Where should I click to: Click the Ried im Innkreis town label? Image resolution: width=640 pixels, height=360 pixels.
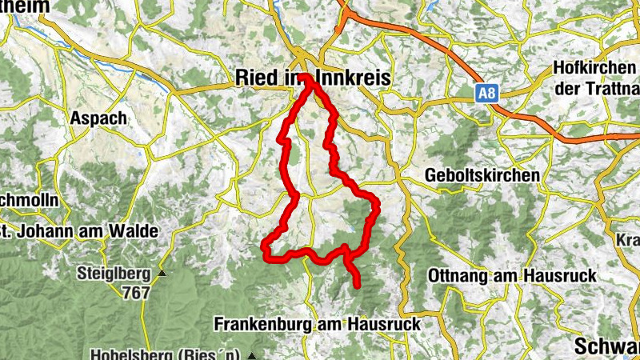tap(313, 78)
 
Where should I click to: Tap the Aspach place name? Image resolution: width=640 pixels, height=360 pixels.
tap(99, 118)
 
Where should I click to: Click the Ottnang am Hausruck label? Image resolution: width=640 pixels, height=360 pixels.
tap(513, 275)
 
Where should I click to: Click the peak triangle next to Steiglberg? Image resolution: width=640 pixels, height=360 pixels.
tap(162, 274)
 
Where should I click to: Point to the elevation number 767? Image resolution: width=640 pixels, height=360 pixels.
tap(137, 292)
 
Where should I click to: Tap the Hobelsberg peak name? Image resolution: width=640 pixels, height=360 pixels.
tap(167, 354)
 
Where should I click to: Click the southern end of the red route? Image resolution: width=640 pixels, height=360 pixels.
tap(356, 284)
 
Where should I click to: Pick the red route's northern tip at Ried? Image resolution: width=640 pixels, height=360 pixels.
tap(307, 77)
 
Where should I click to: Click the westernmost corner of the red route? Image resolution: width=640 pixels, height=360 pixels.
tap(265, 250)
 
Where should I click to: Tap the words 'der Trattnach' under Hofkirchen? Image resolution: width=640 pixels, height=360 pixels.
tap(596, 88)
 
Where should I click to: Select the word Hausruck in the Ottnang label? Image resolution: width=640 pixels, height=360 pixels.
tap(560, 275)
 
